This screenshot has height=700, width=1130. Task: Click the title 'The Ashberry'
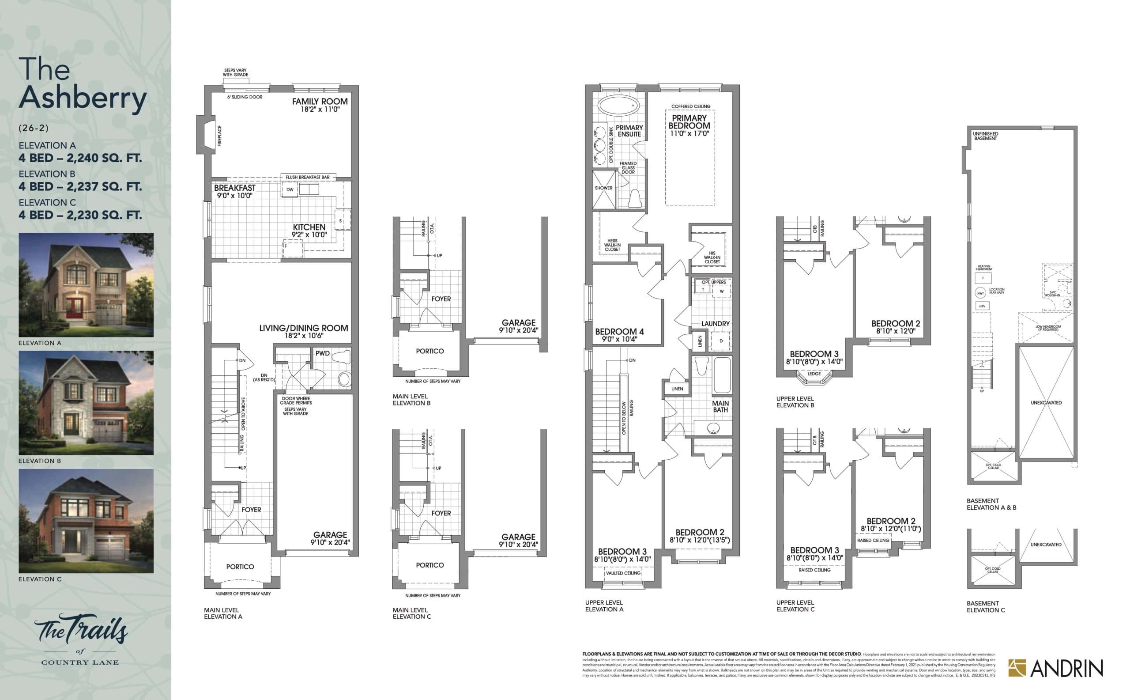(83, 85)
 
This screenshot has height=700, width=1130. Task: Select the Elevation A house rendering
(86, 285)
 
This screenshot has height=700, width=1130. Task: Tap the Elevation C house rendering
(86, 521)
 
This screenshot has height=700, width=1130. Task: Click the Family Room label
(319, 102)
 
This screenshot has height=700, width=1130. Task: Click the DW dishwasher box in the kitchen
(290, 190)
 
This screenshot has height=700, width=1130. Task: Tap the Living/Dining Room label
(303, 328)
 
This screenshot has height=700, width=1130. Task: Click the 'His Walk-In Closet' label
(712, 257)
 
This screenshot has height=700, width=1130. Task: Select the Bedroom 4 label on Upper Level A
(619, 332)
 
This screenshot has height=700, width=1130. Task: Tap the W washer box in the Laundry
(721, 291)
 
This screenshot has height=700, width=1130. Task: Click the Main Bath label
(720, 406)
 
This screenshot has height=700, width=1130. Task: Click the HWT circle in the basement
(980, 293)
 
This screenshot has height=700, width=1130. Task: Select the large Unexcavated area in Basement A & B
(1046, 402)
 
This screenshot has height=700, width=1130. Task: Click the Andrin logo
(1055, 669)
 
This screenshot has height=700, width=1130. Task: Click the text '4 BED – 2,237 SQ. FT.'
(80, 186)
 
